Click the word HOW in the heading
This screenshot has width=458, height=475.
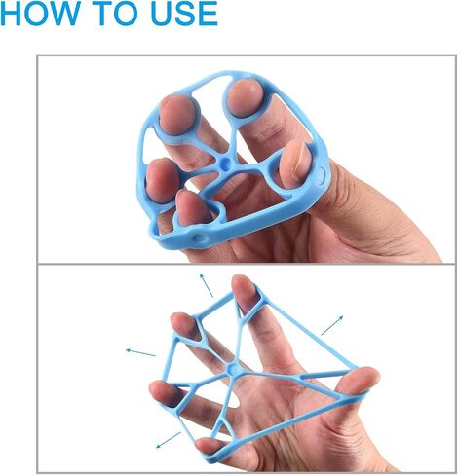(x=40, y=13)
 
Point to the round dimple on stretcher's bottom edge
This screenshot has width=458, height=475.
(x=199, y=237)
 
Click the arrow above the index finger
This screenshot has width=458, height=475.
(x=207, y=285)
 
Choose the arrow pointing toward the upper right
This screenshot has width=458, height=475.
(x=332, y=325)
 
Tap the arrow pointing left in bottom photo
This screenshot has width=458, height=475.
(x=140, y=352)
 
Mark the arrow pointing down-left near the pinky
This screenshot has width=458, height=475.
(x=169, y=440)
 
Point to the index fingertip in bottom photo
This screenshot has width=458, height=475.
(x=244, y=287)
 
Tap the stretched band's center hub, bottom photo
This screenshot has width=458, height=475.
(x=233, y=369)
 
